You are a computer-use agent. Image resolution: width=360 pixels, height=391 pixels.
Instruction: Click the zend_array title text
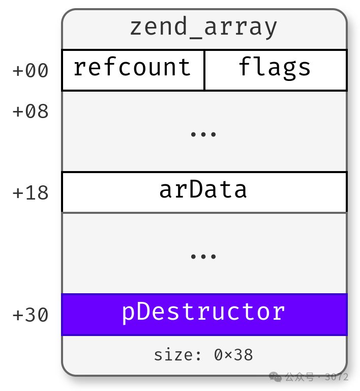203,27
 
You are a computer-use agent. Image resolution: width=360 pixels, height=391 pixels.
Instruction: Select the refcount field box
132,69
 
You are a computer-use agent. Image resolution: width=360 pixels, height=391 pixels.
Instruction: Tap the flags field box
275,69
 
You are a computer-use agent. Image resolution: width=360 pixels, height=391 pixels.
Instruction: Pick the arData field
203,191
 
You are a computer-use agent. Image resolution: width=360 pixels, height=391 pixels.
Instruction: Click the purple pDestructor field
203,314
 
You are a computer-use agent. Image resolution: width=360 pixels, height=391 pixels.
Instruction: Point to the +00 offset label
31,71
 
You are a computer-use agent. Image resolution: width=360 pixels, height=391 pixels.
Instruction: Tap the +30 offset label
31,316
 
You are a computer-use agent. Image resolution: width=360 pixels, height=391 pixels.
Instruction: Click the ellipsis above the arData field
203,134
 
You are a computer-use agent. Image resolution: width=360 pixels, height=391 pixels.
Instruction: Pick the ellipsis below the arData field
203,256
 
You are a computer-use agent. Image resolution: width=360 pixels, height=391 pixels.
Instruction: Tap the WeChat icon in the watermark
275,377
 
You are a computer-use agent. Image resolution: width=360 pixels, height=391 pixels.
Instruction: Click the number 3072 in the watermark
337,377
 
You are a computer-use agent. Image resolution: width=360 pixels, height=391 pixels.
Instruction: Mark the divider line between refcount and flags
204,70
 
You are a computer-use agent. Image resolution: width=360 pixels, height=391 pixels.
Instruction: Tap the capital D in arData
196,190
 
